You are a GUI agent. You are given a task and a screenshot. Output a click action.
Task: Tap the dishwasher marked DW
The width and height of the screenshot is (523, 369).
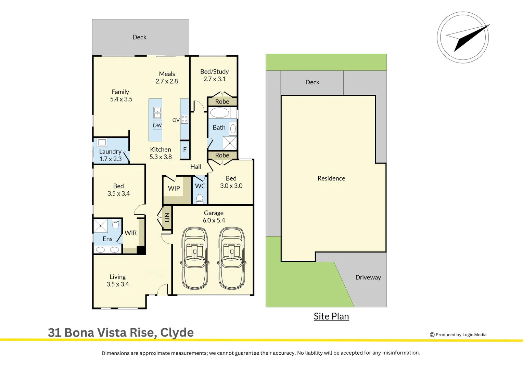tap(157, 126)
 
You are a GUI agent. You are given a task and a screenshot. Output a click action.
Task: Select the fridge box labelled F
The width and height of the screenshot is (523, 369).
tap(185, 150)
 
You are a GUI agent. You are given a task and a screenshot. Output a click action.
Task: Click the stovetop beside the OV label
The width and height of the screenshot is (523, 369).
tap(184, 119)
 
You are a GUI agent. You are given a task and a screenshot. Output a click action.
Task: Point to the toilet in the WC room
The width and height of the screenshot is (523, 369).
tap(200, 199)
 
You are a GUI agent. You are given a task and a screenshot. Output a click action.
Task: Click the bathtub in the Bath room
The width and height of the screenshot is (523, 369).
tap(219, 113)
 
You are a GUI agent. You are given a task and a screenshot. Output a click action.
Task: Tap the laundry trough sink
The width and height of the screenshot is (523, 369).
tap(102, 142)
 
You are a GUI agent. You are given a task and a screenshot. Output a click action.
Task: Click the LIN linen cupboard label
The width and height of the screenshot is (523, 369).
tap(167, 218)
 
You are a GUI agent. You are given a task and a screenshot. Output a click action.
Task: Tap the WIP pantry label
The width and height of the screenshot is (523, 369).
tap(174, 188)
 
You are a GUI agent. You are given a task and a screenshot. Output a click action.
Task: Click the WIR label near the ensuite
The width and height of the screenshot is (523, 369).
tap(130, 233)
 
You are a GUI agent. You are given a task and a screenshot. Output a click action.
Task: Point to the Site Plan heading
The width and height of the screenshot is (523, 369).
tap(331, 316)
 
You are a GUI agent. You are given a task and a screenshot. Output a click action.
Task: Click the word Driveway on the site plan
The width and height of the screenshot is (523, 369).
tap(368, 277)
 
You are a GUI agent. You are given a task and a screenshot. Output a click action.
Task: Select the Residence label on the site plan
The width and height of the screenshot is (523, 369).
tap(331, 178)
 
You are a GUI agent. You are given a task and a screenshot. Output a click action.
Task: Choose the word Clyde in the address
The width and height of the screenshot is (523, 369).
tap(177, 333)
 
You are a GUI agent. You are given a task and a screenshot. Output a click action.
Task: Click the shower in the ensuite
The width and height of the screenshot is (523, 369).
tap(100, 225)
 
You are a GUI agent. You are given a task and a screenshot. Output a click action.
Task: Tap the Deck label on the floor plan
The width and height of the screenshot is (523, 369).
tap(139, 37)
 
